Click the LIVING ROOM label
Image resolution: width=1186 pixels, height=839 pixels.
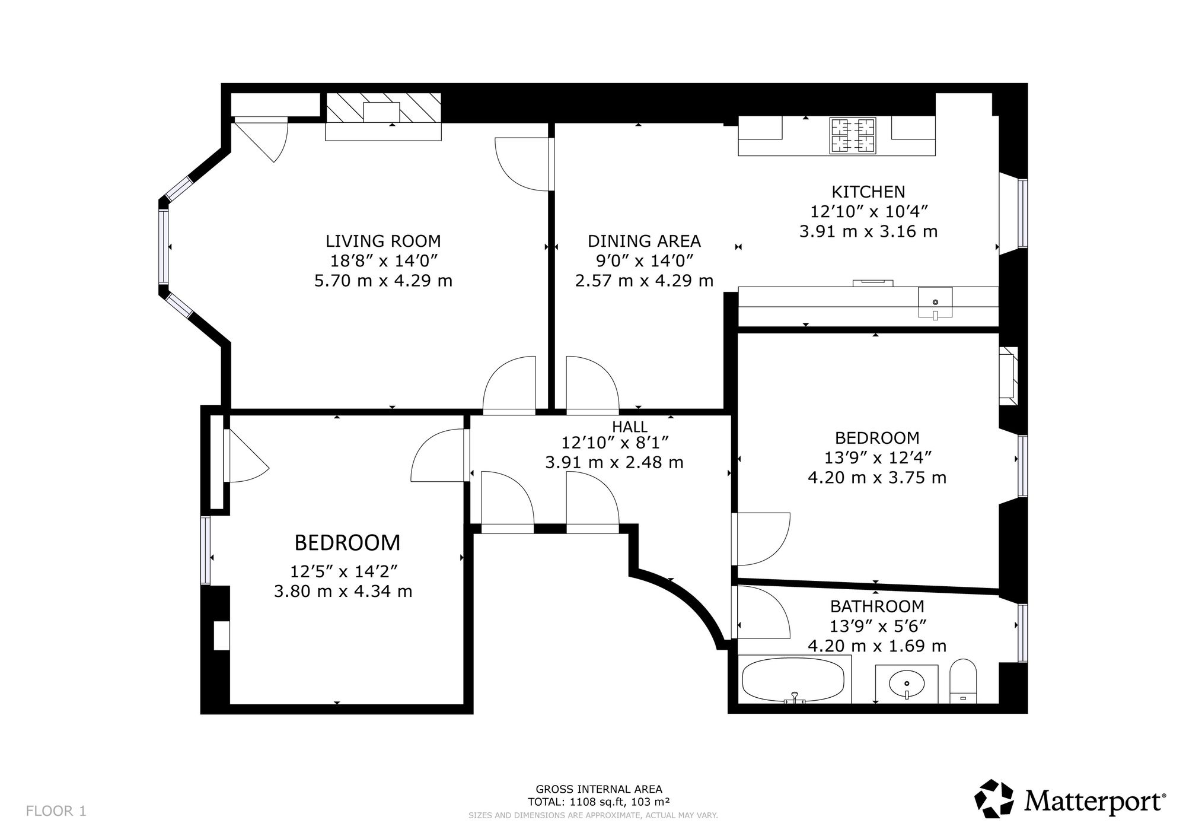[383, 241]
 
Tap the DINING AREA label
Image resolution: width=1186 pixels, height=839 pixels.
[644, 241]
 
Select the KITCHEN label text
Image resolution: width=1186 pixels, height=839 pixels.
[868, 192]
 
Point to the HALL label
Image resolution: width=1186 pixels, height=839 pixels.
[630, 427]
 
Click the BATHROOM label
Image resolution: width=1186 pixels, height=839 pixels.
[877, 606]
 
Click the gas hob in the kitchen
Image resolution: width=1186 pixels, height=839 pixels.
[853, 136]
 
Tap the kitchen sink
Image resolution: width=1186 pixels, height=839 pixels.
[935, 303]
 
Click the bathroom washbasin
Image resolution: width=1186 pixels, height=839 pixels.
[907, 684]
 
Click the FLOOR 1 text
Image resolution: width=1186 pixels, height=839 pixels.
[56, 811]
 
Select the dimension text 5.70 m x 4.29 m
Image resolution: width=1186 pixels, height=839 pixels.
[383, 280]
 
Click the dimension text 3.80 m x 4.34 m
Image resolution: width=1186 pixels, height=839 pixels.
[343, 591]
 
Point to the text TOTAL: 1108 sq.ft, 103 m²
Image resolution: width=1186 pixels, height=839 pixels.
[599, 802]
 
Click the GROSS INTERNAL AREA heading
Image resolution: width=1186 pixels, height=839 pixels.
[599, 789]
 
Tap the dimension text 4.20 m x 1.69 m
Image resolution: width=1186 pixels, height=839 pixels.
[877, 646]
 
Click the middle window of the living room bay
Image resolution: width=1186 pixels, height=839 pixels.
[163, 246]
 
